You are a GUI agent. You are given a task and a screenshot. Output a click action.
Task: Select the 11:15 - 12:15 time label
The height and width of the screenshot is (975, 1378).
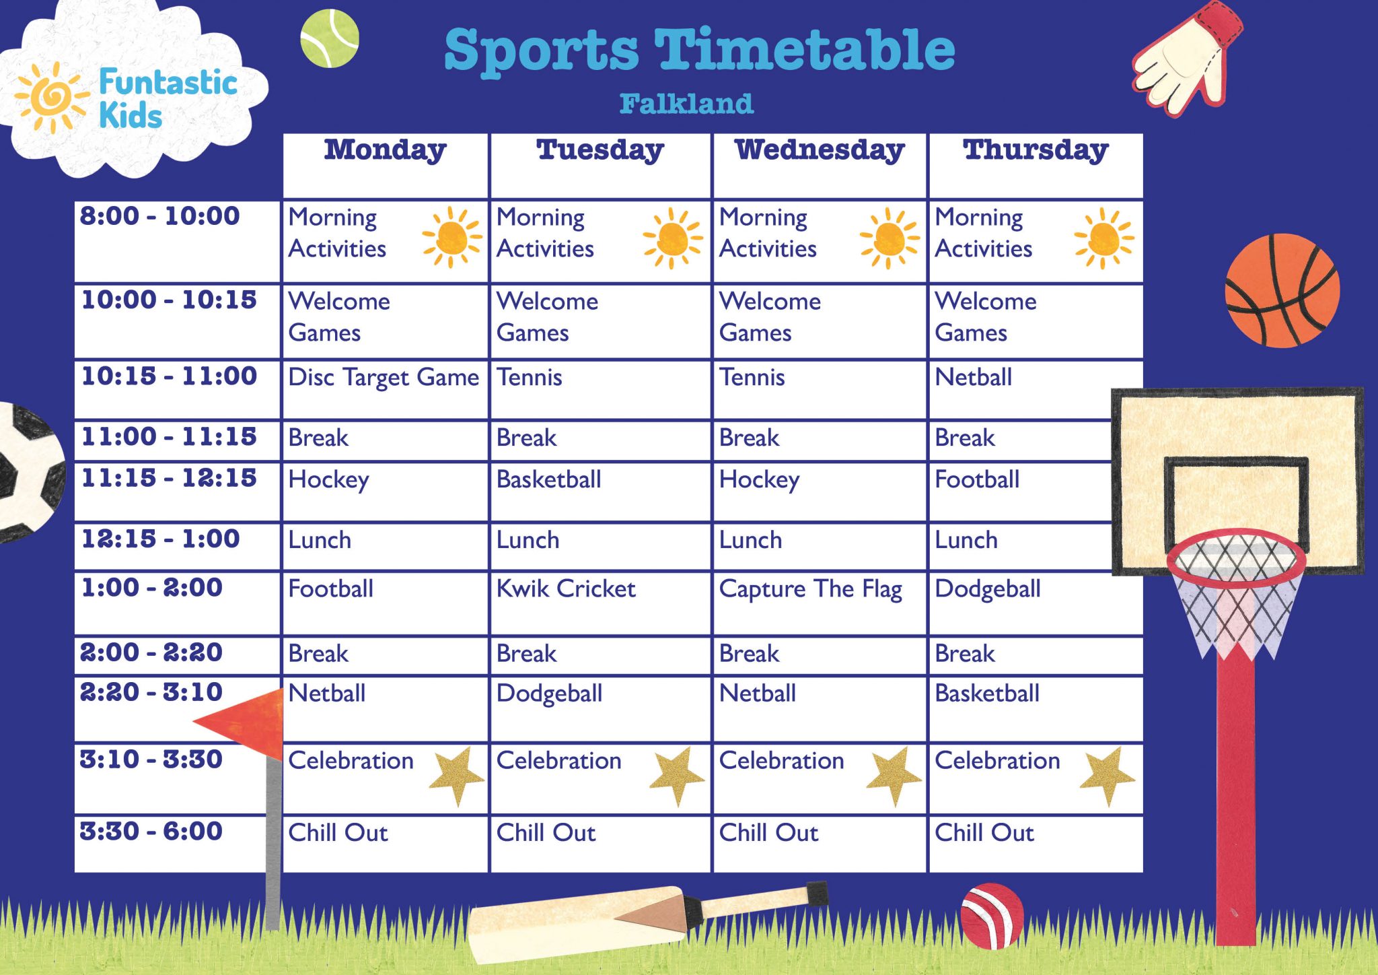click(x=169, y=479)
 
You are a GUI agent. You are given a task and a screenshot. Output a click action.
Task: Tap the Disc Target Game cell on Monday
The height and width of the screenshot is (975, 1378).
click(x=384, y=378)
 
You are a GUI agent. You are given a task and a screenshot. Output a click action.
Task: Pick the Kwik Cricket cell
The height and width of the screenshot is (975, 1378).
click(x=566, y=589)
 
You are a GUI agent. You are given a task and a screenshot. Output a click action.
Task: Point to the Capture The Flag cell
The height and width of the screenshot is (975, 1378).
click(x=810, y=589)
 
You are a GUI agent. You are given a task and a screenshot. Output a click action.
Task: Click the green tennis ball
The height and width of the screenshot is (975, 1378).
click(x=329, y=38)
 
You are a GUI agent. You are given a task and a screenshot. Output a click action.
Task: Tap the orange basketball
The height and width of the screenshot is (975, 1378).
click(x=1281, y=291)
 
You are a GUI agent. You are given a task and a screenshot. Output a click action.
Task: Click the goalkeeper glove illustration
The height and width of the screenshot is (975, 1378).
click(x=1188, y=61)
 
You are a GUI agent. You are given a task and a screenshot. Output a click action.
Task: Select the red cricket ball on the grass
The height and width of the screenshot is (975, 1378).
click(x=992, y=915)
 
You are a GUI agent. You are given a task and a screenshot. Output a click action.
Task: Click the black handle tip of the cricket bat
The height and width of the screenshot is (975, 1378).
click(x=818, y=892)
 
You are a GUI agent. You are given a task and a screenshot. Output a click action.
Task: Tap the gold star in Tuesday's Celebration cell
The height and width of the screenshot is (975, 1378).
click(x=677, y=774)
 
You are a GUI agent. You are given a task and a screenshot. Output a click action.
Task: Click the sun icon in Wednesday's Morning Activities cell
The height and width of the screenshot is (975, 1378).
click(x=890, y=238)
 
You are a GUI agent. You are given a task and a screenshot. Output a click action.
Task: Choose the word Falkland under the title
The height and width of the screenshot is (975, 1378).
click(x=686, y=104)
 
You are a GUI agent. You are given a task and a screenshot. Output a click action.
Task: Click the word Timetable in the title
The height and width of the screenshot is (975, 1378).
click(x=805, y=51)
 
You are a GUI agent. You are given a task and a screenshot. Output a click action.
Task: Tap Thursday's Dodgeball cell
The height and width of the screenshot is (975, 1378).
click(x=988, y=589)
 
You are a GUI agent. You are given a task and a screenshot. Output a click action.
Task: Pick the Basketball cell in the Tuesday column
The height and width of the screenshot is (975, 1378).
click(x=549, y=480)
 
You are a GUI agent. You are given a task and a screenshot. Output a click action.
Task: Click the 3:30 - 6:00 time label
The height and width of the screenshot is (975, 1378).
click(x=151, y=832)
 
